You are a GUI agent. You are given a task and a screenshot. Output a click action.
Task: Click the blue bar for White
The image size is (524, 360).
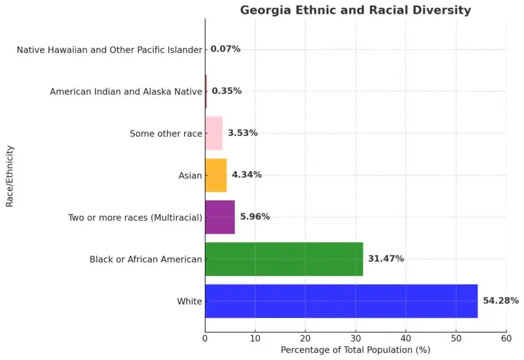click(x=341, y=301)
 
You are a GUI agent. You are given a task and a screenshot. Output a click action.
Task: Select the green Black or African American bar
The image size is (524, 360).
click(x=284, y=259)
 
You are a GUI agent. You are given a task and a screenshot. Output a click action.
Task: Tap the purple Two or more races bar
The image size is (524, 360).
click(x=220, y=217)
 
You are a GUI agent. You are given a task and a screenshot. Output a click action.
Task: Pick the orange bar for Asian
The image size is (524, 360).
click(x=216, y=175)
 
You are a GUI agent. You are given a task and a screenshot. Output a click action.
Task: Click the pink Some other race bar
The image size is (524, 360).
click(x=214, y=134)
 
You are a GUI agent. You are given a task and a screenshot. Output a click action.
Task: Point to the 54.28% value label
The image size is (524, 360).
click(x=501, y=301)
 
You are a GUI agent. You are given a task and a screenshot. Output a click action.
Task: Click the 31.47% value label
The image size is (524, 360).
click(x=386, y=259)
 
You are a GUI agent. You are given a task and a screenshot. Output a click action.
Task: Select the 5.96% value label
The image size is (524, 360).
click(x=255, y=217)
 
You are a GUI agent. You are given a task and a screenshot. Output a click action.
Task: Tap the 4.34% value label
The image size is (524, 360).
click(x=247, y=175)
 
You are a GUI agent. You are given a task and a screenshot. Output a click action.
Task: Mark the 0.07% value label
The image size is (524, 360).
click(x=225, y=49)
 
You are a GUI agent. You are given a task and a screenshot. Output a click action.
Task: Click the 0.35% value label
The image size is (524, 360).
click(x=227, y=92)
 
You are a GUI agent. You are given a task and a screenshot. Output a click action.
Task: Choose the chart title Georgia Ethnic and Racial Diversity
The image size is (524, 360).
click(x=355, y=10)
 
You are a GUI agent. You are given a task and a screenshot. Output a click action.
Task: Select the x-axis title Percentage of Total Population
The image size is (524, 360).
click(x=355, y=350)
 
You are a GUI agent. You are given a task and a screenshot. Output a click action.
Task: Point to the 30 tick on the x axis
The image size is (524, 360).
click(x=356, y=338)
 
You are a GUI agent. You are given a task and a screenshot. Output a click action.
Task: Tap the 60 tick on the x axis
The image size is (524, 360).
click(x=506, y=338)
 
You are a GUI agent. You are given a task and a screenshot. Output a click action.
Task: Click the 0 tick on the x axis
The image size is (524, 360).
click(x=205, y=338)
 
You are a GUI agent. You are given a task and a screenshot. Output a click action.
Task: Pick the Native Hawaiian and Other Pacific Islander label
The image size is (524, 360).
click(x=109, y=50)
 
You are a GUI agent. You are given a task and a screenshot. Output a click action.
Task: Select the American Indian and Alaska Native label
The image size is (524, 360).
click(x=126, y=92)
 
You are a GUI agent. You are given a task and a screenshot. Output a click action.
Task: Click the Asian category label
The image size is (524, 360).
click(x=190, y=175)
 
